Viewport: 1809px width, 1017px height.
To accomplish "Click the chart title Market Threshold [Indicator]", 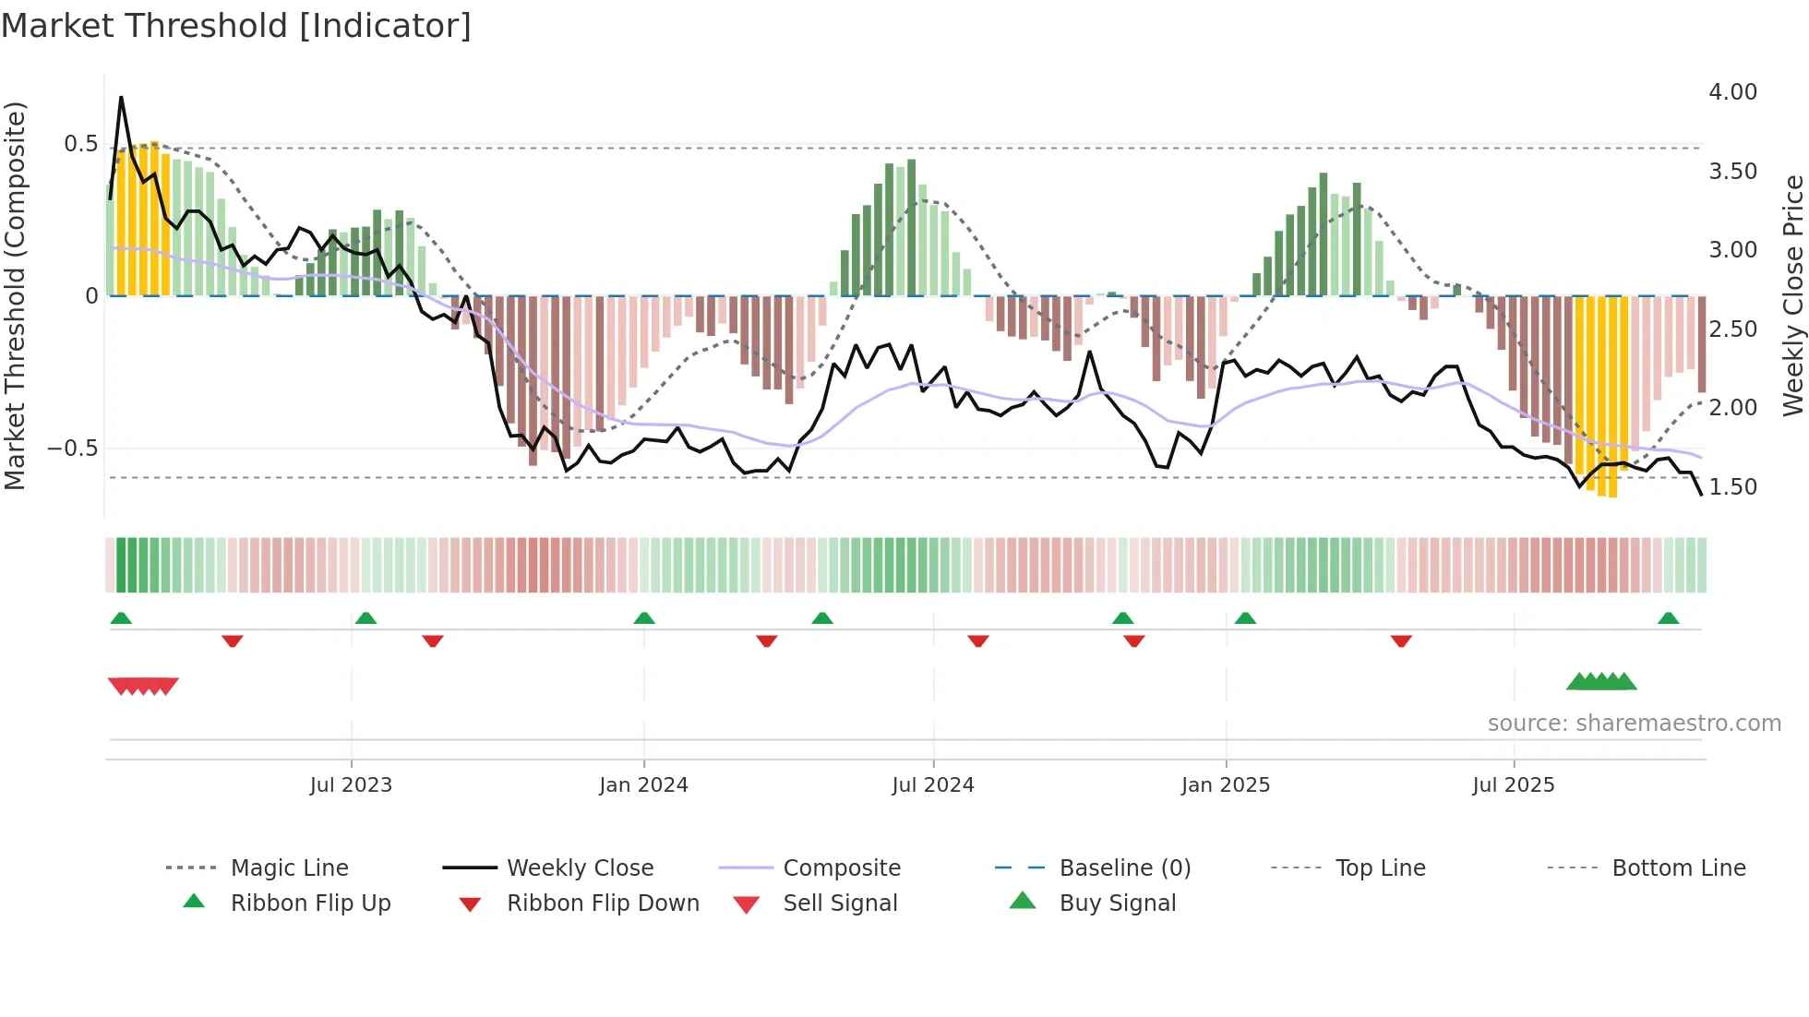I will pyautogui.click(x=236, y=26).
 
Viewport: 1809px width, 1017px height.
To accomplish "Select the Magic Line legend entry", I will pyautogui.click(x=289, y=868).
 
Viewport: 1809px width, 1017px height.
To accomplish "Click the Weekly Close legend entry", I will pyautogui.click(x=580, y=868).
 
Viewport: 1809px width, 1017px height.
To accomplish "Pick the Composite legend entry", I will pyautogui.click(x=841, y=868).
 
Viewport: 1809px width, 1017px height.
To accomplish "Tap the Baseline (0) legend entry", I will pyautogui.click(x=1124, y=868).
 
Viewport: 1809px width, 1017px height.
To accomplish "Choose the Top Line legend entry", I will pyautogui.click(x=1380, y=868).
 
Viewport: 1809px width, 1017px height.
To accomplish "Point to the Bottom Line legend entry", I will pyautogui.click(x=1678, y=868).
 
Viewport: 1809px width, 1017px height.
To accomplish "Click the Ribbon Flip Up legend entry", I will pyautogui.click(x=310, y=903).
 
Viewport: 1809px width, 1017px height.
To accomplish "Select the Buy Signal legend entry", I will pyautogui.click(x=1117, y=903).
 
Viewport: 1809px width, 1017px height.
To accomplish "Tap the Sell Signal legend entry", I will pyautogui.click(x=840, y=903).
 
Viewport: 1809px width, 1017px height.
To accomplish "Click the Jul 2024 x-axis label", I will pyautogui.click(x=932, y=785).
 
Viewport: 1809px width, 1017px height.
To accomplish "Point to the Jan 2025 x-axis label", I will pyautogui.click(x=1225, y=785).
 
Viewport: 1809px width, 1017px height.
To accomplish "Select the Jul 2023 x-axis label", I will pyautogui.click(x=351, y=785).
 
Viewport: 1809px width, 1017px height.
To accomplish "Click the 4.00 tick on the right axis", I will pyautogui.click(x=1732, y=92).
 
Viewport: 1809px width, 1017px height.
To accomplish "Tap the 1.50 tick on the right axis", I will pyautogui.click(x=1732, y=487).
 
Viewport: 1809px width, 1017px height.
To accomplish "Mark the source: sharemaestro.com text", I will pyautogui.click(x=1634, y=724).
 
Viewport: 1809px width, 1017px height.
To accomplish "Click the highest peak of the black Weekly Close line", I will pyautogui.click(x=121, y=97).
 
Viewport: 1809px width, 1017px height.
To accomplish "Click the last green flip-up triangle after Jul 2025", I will pyautogui.click(x=1668, y=618).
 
